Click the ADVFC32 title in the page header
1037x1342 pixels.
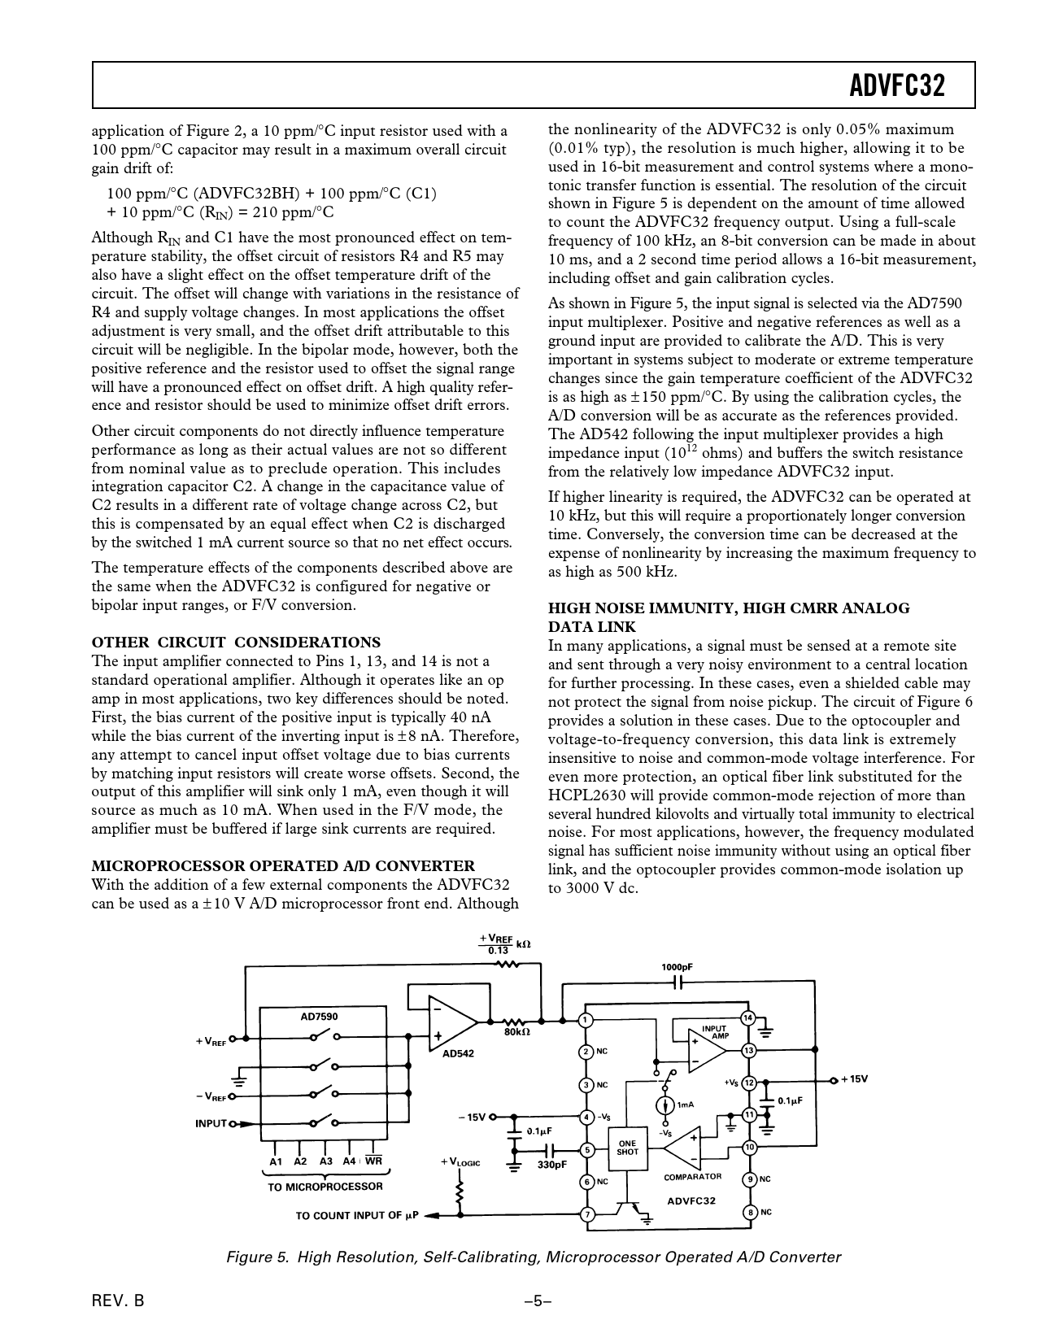tap(897, 85)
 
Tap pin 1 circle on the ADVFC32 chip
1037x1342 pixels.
tap(584, 1020)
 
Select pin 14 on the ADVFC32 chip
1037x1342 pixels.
tap(748, 1018)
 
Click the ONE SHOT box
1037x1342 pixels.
tap(627, 1148)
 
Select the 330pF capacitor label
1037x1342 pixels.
tap(552, 1165)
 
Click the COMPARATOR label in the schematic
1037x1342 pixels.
tap(692, 1177)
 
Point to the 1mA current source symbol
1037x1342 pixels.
tap(665, 1105)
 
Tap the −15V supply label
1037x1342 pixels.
tap(471, 1118)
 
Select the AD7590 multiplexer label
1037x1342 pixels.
tap(319, 1016)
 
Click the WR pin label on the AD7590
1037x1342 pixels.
tap(373, 1161)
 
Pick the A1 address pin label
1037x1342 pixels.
tap(276, 1161)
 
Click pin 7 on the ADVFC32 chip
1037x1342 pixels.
tap(584, 1215)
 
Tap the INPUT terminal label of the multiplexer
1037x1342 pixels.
tap(211, 1124)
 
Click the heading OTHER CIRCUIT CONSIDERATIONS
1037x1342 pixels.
tap(236, 643)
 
